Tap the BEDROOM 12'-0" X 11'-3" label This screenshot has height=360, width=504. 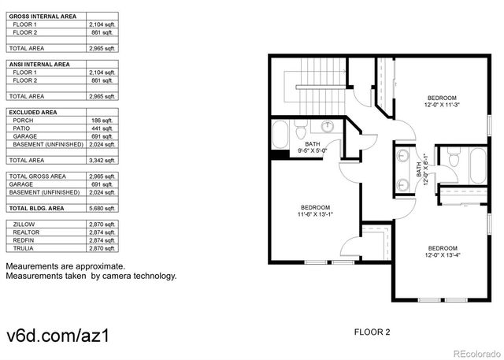click(442, 101)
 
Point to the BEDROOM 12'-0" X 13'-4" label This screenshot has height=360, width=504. click(441, 250)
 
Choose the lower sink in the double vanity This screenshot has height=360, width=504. click(404, 184)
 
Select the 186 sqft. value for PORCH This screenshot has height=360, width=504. click(102, 121)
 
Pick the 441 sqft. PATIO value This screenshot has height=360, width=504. click(102, 128)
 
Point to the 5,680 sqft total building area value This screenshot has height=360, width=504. click(102, 208)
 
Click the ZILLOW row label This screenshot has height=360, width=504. click(24, 225)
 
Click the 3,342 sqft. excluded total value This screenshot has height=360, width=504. click(102, 160)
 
